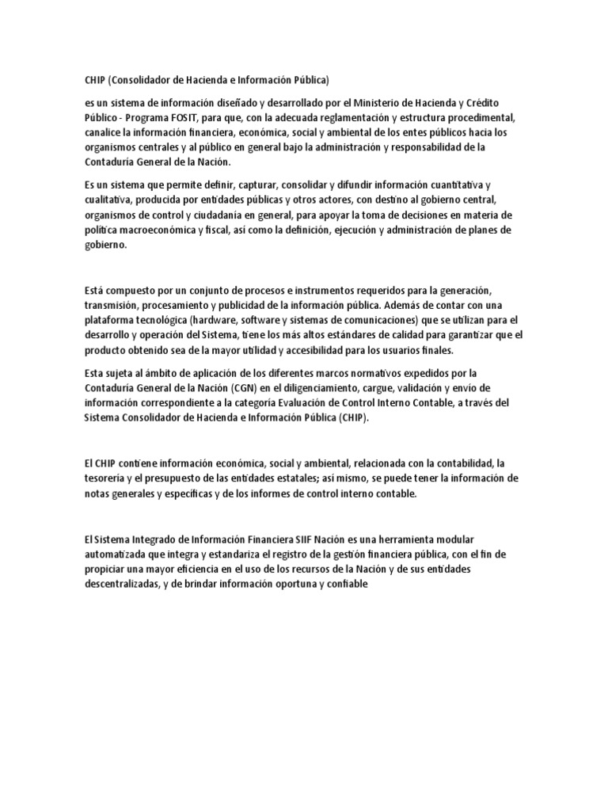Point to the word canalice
click(x=104, y=133)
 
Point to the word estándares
click(x=333, y=336)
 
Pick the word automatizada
click(x=119, y=554)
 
